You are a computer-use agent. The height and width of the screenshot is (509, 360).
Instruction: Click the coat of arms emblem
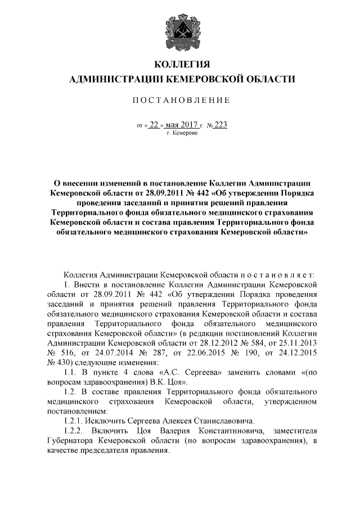click(180, 30)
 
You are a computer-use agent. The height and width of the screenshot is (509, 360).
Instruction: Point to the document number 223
click(220, 125)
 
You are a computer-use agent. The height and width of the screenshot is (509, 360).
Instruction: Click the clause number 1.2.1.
click(76, 420)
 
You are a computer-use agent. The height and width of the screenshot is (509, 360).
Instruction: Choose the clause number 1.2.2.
click(76, 430)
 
